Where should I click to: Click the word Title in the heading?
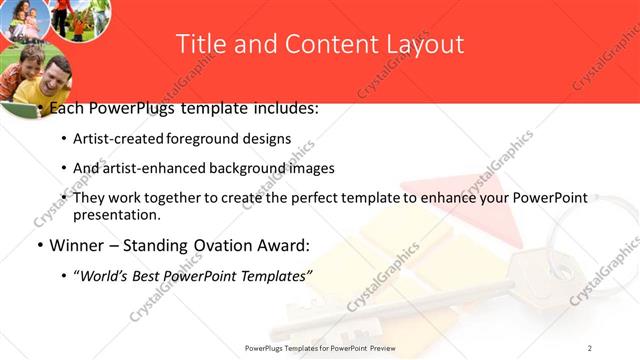[198, 44]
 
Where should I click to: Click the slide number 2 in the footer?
[590, 347]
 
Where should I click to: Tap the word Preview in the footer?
[392, 347]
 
